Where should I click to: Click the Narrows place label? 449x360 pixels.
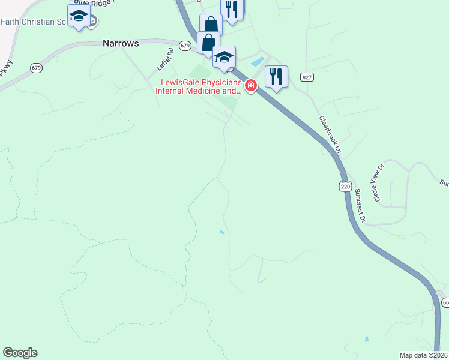121,44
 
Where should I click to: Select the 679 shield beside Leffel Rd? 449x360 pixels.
185,46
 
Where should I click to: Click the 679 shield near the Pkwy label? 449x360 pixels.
37,68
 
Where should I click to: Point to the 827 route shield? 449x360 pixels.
307,77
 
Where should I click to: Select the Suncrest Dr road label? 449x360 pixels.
360,206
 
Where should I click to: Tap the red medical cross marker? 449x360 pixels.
251,86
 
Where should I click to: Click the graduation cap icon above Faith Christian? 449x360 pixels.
78,16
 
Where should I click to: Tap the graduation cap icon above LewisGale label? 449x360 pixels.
224,57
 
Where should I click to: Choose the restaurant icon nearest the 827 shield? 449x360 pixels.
276,76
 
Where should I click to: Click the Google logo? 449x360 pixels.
20,353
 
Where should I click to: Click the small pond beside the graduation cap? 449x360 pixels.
258,61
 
